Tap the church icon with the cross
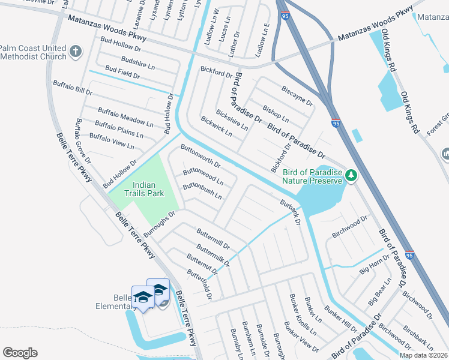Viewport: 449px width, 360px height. tap(75, 52)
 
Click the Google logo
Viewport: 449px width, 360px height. tap(20, 353)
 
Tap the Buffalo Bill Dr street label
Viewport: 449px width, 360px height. tap(73, 88)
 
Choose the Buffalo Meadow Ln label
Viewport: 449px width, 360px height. tap(125, 117)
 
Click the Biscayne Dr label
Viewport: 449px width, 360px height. tap(297, 95)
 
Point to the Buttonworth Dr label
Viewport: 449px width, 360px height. tap(201, 155)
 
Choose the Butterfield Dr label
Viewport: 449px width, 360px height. tap(199, 284)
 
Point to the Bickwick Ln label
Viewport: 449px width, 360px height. tap(216, 126)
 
